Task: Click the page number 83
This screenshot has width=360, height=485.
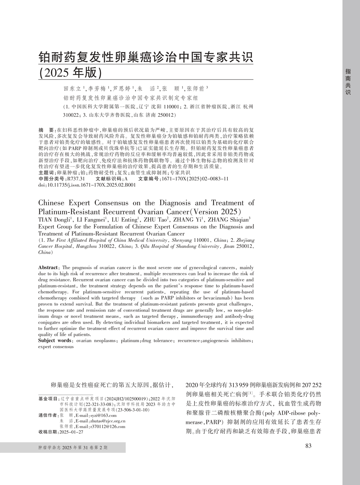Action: [308, 445]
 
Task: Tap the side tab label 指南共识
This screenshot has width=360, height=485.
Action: [348, 81]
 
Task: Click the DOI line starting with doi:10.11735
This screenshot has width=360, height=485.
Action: [87, 184]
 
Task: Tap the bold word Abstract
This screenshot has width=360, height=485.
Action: [48, 268]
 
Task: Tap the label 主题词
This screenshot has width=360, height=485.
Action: [46, 173]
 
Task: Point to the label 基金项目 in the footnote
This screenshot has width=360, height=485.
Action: [48, 399]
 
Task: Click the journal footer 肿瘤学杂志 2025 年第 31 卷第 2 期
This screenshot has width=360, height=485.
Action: [73, 448]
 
